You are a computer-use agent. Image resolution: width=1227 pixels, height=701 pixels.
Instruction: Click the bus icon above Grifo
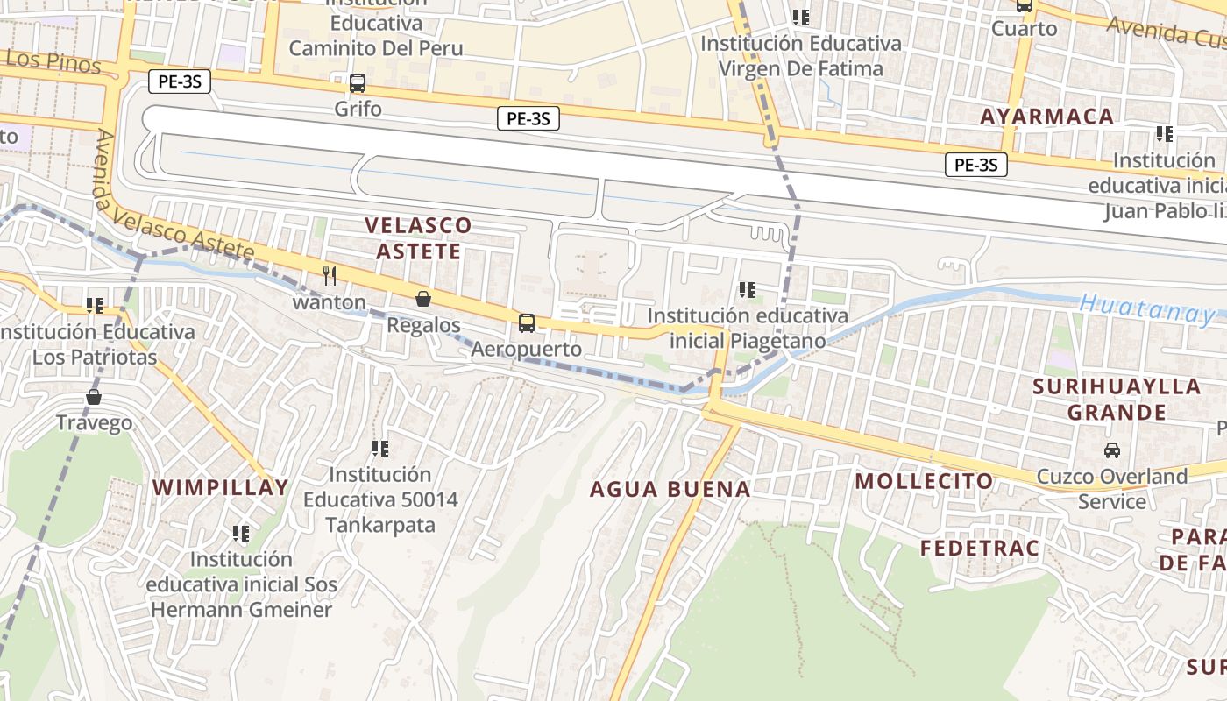pos(358,84)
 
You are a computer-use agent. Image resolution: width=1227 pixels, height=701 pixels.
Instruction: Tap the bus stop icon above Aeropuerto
pos(527,323)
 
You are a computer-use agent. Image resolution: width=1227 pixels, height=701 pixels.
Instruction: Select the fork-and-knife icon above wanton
pos(330,276)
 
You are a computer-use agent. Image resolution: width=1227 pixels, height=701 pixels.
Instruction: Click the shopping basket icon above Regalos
pos(423,299)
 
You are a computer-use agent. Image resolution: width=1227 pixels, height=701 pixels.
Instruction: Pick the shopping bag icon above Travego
pos(94,397)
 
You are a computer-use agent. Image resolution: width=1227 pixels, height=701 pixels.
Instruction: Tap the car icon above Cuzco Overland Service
pos(1112,450)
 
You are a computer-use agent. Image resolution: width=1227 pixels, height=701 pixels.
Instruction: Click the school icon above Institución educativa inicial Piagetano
pos(748,289)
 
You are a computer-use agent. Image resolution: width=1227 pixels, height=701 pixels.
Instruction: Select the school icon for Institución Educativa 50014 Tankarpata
pos(380,449)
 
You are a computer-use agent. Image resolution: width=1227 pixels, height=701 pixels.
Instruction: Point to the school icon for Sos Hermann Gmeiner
pos(241,533)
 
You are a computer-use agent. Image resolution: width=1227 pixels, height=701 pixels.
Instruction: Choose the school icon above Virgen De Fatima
pos(800,17)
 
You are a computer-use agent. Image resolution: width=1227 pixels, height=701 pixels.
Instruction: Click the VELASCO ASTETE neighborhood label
pos(417,238)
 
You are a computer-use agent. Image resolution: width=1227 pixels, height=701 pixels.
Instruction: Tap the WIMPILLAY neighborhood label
pos(221,488)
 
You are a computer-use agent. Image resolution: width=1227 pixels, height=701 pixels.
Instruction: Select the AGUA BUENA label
pos(670,489)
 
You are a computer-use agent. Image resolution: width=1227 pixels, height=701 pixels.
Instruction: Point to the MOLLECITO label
pos(924,480)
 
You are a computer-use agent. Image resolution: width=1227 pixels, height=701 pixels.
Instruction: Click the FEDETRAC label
pos(980,549)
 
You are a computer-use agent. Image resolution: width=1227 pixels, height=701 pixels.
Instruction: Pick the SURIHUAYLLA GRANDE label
pos(1117,399)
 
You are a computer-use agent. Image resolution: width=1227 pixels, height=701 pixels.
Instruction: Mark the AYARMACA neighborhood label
pos(1046,117)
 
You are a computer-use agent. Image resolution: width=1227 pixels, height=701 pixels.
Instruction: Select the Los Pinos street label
pos(53,60)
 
